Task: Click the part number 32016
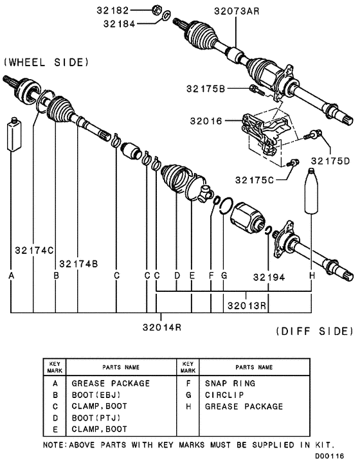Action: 207,120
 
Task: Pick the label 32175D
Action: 331,160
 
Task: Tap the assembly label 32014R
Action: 161,327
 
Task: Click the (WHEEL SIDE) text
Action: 46,62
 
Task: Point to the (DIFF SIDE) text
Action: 314,332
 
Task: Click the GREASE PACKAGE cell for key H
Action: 244,406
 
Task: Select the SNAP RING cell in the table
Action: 230,383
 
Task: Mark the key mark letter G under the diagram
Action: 224,276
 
